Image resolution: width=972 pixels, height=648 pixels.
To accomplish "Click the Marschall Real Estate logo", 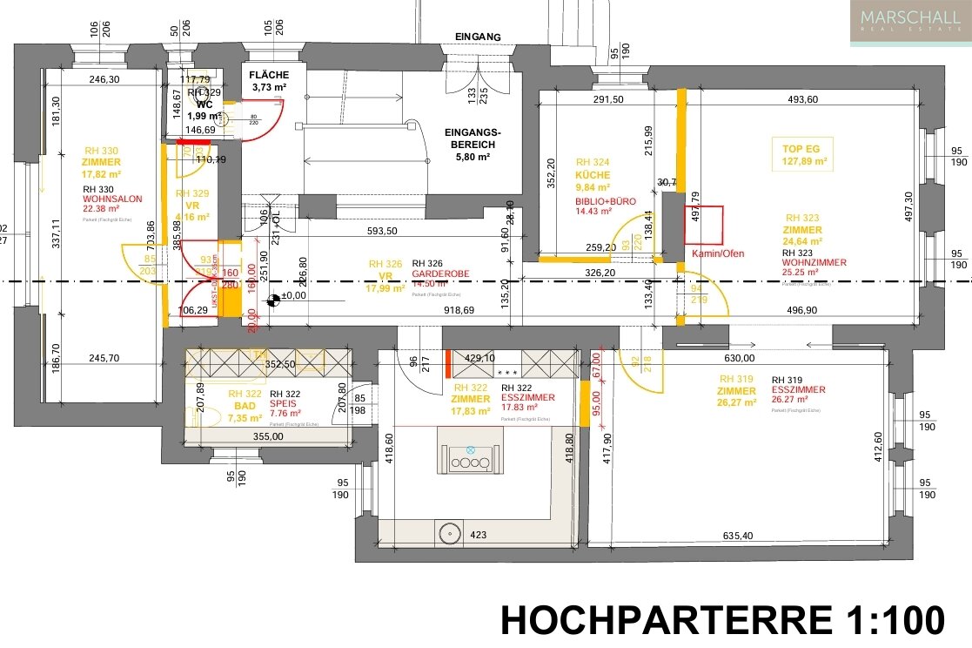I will [x=910, y=23].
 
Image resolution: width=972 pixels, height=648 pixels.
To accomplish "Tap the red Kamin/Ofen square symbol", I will [x=704, y=225].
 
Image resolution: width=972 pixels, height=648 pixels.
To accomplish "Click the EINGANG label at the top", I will [x=478, y=37].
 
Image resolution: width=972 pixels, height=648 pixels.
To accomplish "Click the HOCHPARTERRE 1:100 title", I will [x=722, y=620].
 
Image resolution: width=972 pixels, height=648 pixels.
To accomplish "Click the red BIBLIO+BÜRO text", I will [x=606, y=200].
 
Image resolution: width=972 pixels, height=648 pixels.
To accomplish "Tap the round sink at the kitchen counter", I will [x=450, y=531].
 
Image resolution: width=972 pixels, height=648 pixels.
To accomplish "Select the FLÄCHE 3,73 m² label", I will [x=271, y=81].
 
